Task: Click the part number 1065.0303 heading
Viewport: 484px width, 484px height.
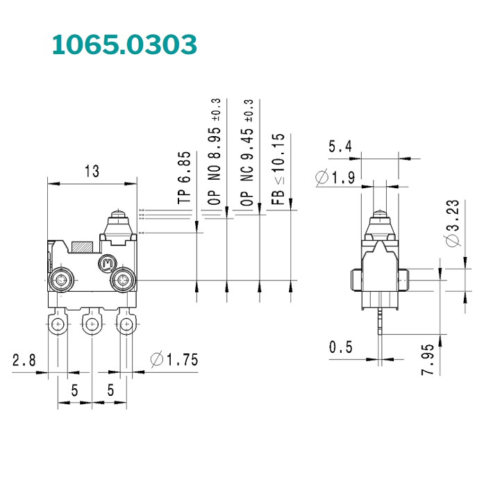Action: pyautogui.click(x=125, y=44)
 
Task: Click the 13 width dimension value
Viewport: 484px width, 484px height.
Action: pyautogui.click(x=91, y=171)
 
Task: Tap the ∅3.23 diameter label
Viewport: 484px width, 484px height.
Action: pyautogui.click(x=451, y=222)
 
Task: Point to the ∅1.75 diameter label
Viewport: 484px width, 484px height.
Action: pyautogui.click(x=174, y=359)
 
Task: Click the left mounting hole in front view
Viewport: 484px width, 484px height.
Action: pyautogui.click(x=61, y=280)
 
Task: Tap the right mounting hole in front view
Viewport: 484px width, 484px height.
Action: pyautogui.click(x=123, y=280)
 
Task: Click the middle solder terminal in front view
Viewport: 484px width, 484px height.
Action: pyautogui.click(x=91, y=322)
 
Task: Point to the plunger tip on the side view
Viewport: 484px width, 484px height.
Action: pyautogui.click(x=379, y=215)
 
